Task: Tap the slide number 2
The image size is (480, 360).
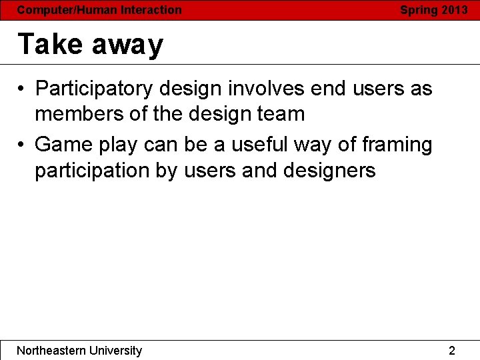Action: click(452, 351)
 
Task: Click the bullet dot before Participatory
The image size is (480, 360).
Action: click(22, 89)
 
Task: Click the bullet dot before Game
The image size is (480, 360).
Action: click(22, 145)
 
